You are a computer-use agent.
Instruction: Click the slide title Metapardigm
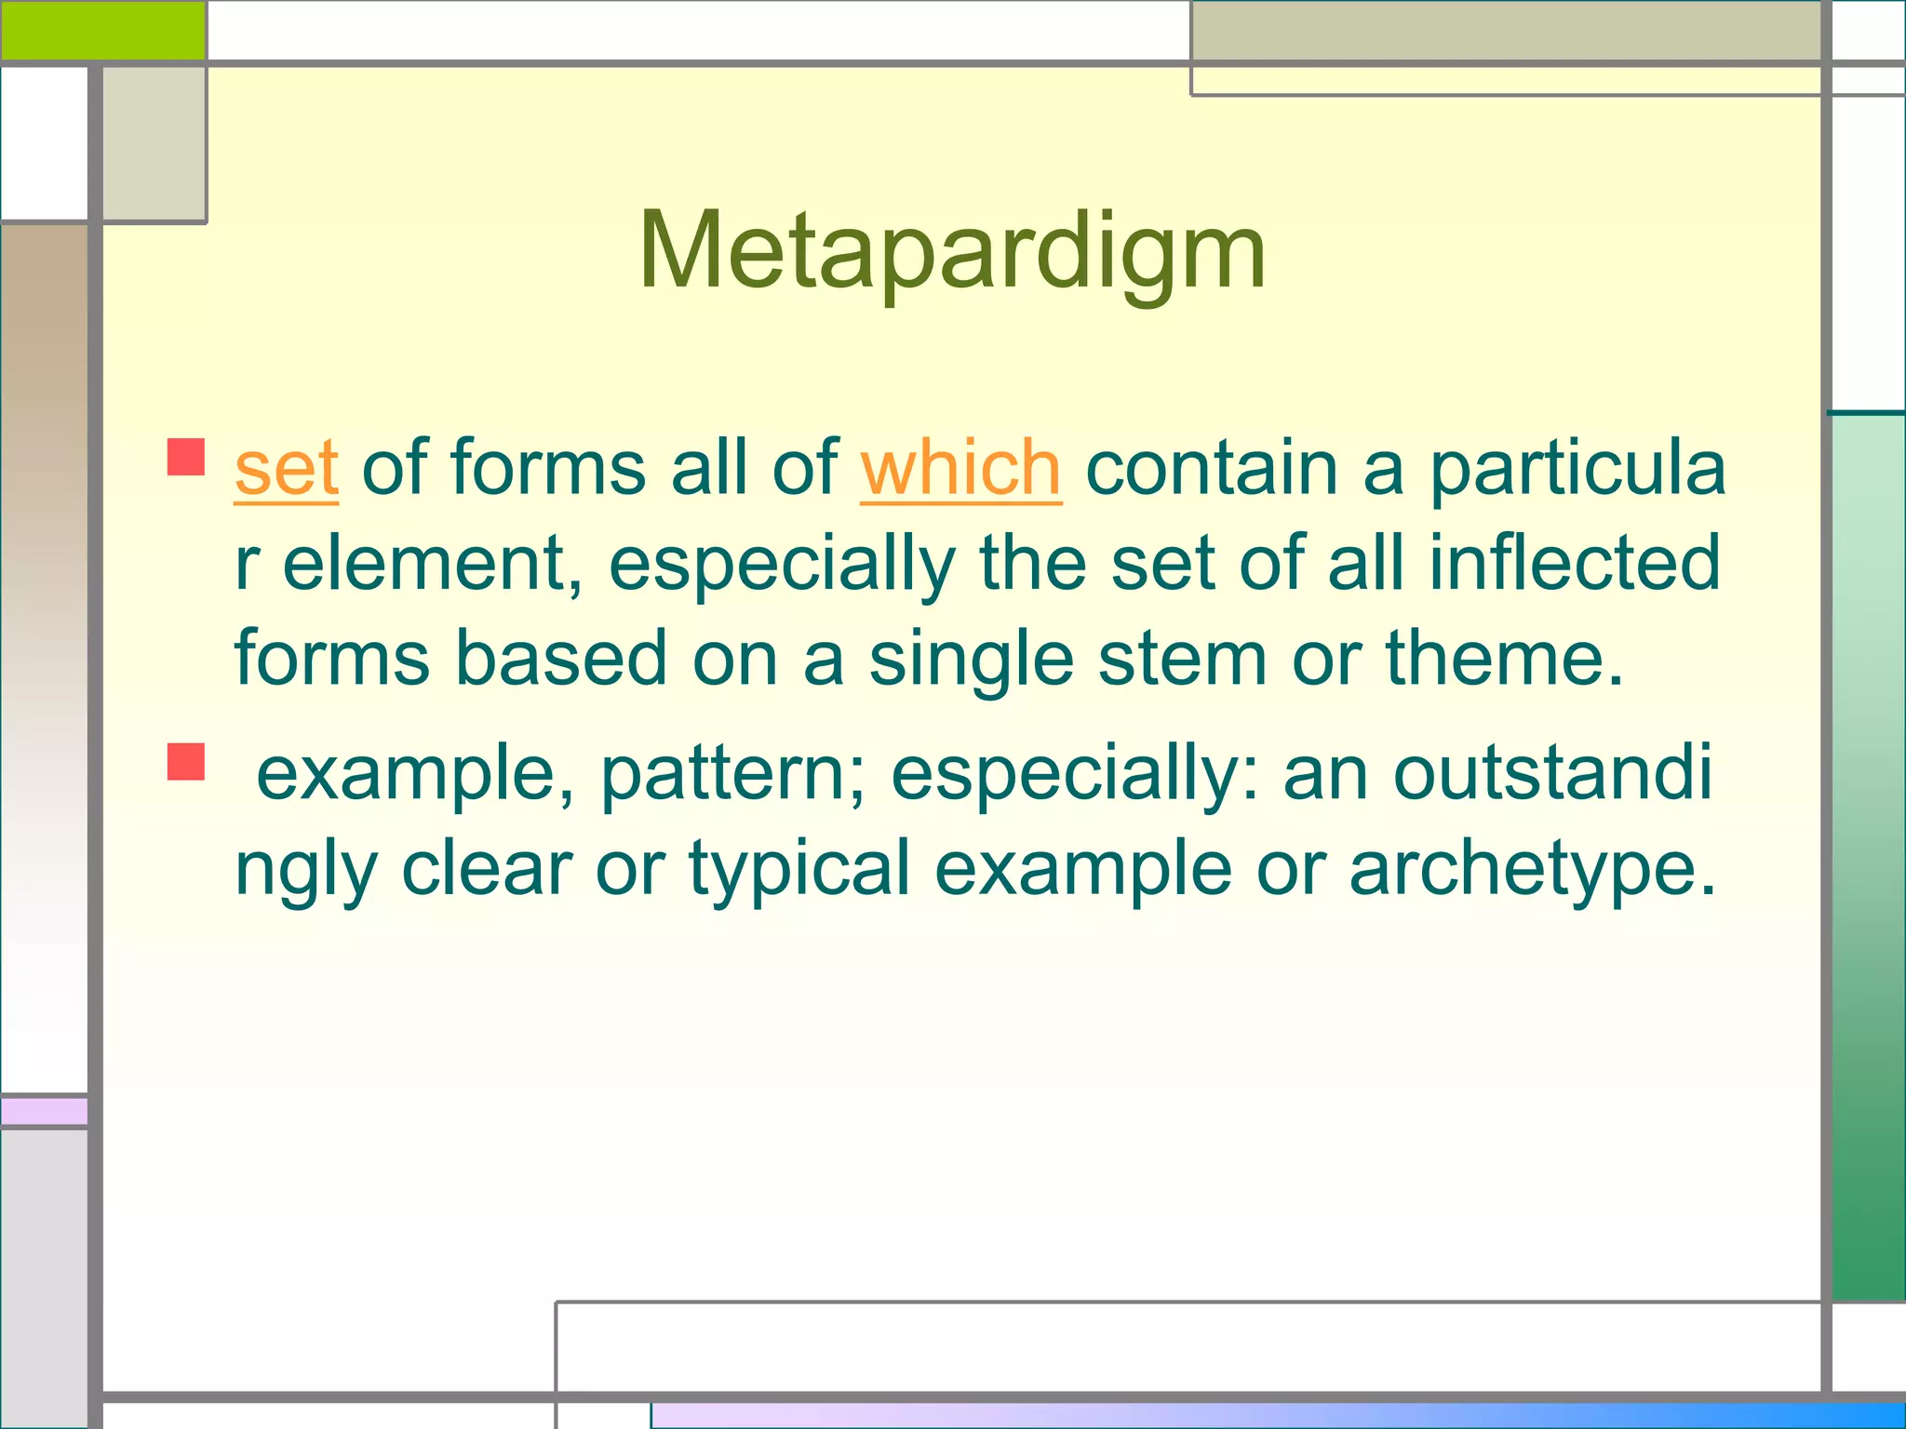[951, 251]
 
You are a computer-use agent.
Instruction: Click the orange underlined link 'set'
[286, 469]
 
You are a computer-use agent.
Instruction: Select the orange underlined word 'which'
[960, 469]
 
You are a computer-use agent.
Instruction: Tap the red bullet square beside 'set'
[186, 458]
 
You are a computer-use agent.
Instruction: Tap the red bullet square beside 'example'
[186, 761]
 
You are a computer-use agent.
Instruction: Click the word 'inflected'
[1574, 563]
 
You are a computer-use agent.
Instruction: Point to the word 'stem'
[1182, 659]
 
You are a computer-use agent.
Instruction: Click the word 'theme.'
[1505, 659]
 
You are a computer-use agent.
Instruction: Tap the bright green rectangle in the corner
[102, 30]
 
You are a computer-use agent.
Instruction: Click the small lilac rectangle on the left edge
[44, 1111]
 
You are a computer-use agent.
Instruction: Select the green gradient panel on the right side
[1867, 856]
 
